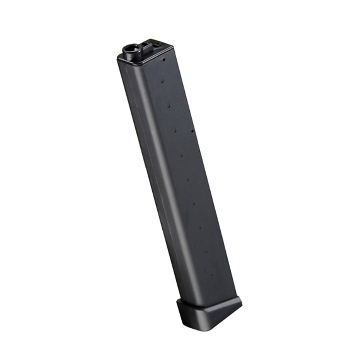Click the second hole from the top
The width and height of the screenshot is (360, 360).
162,81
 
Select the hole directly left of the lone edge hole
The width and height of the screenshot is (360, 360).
175,131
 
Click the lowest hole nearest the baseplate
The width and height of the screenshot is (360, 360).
212,274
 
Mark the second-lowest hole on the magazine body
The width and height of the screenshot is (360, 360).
207,251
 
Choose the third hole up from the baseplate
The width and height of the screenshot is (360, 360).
200,227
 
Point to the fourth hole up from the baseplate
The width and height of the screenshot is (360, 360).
194,203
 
